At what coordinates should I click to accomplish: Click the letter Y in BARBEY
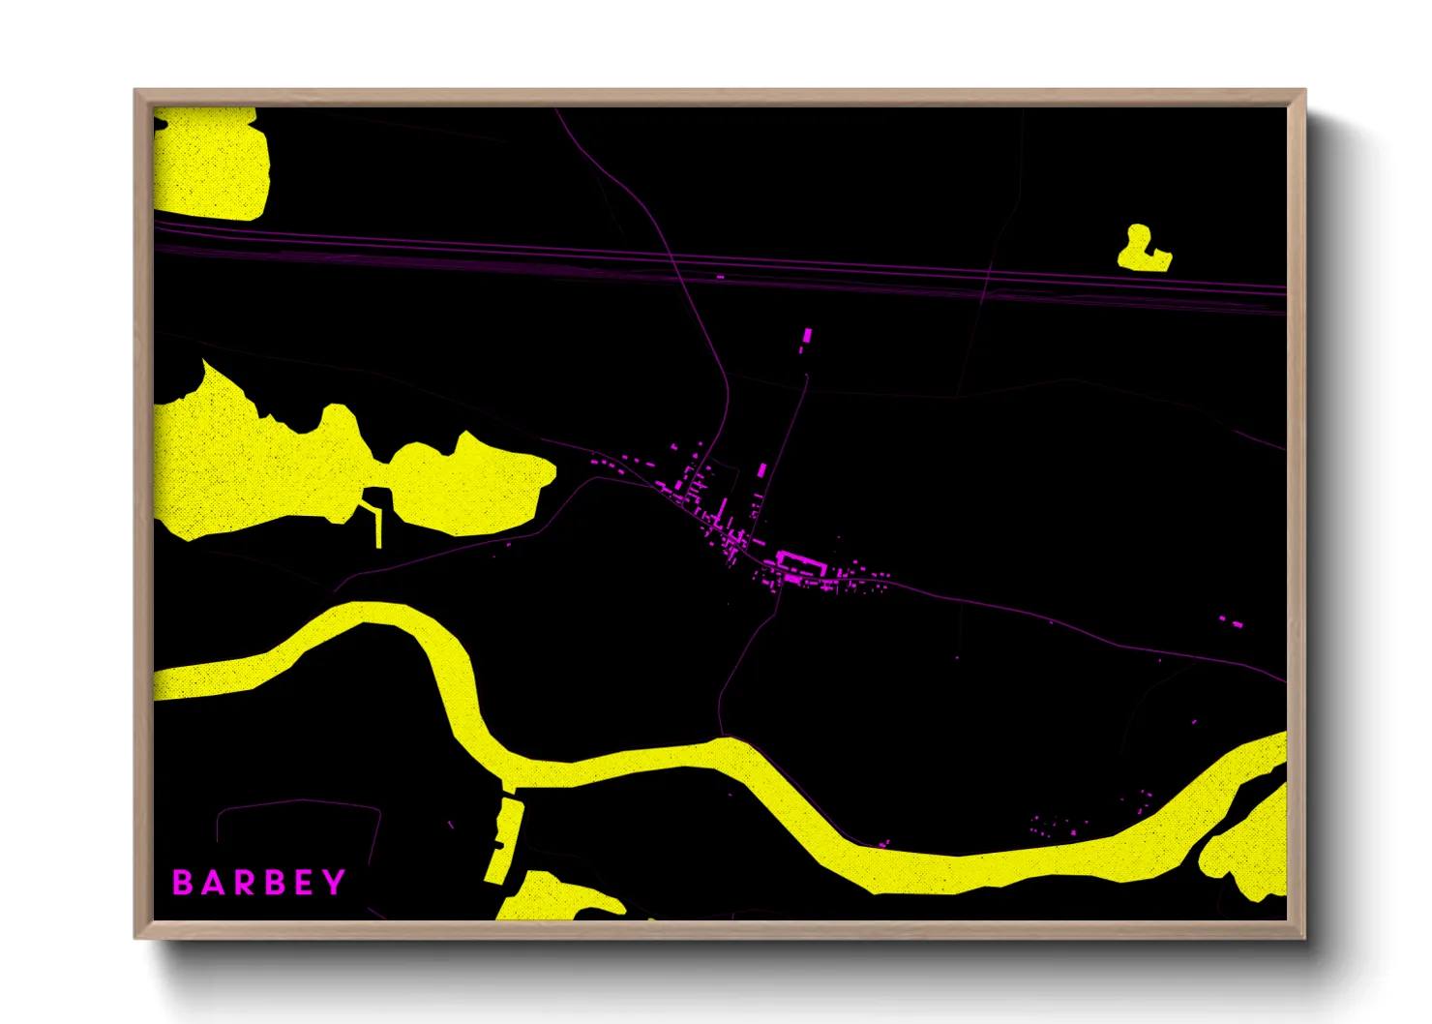pyautogui.click(x=334, y=882)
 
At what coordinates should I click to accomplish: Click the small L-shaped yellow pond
pyautogui.click(x=1142, y=252)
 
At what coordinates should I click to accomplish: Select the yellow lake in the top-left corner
pyautogui.click(x=209, y=163)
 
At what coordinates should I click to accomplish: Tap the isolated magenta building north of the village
pyautogui.click(x=806, y=336)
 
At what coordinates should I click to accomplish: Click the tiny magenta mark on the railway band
pyautogui.click(x=720, y=277)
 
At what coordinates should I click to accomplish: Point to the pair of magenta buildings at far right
pyautogui.click(x=1230, y=620)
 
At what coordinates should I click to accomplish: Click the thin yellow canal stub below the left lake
pyautogui.click(x=378, y=527)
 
